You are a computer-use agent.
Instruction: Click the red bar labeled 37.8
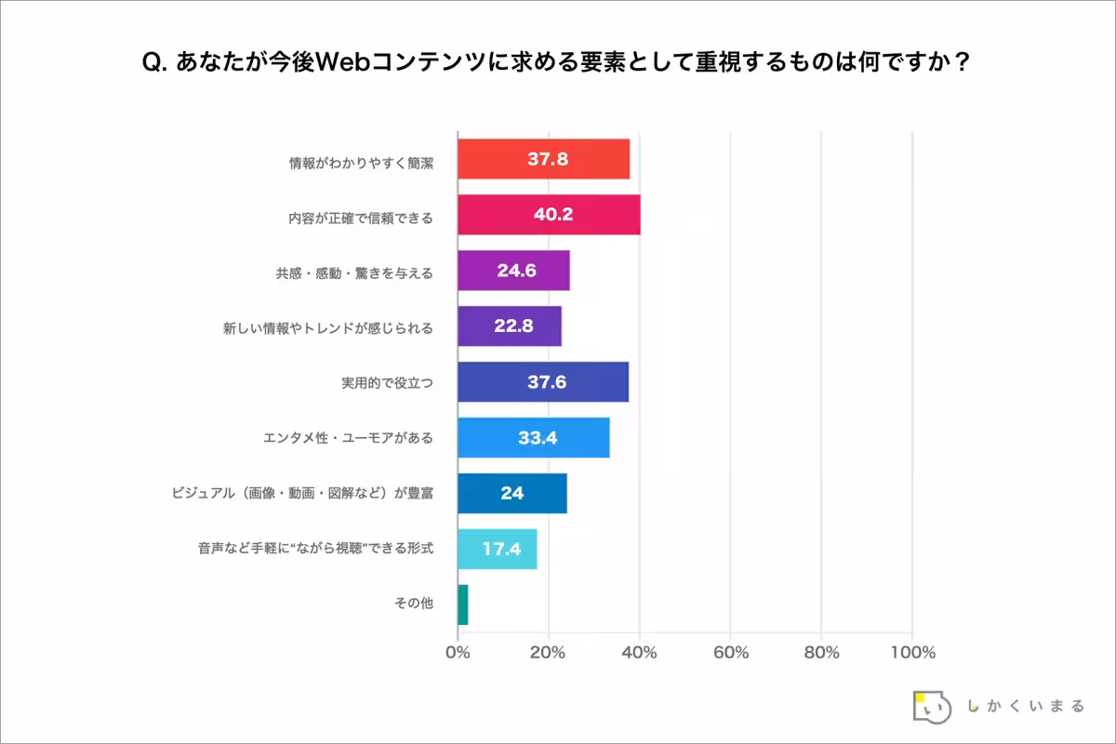point(543,159)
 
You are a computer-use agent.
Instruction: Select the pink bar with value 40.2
point(549,215)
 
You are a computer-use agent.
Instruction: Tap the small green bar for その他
point(463,604)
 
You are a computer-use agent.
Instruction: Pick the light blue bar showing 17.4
point(497,549)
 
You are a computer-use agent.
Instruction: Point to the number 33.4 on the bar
point(538,437)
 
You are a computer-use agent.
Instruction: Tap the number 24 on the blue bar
point(511,493)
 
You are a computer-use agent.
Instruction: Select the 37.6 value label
point(547,382)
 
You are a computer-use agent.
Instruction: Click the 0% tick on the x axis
point(458,653)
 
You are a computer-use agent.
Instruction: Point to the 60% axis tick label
point(731,653)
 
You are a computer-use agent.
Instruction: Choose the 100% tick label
point(911,653)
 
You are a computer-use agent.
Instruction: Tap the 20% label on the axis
point(549,653)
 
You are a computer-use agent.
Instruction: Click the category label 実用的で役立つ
point(388,382)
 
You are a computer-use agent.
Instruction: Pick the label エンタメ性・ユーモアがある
point(349,437)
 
